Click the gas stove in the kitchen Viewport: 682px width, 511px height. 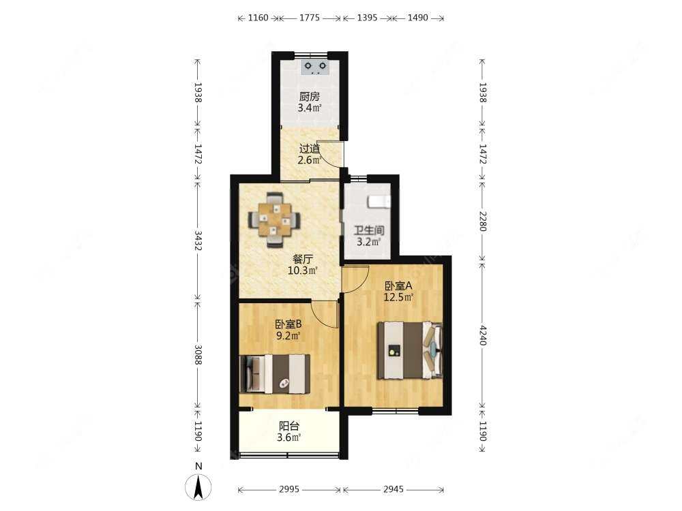pyautogui.click(x=315, y=67)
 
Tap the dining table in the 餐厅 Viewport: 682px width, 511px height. pyautogui.click(x=274, y=220)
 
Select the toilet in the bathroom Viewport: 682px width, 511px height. pyautogui.click(x=379, y=202)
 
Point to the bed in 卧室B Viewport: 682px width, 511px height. pyautogui.click(x=275, y=374)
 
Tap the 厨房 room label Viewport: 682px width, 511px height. pyautogui.click(x=309, y=97)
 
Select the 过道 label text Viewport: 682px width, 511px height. pyautogui.click(x=309, y=149)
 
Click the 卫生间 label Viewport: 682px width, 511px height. pyautogui.click(x=369, y=230)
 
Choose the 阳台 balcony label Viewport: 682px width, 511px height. pyautogui.click(x=288, y=426)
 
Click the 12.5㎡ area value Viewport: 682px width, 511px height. pyautogui.click(x=398, y=297)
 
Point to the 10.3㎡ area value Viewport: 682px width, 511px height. pyautogui.click(x=303, y=270)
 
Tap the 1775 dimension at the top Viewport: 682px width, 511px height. pyautogui.click(x=310, y=18)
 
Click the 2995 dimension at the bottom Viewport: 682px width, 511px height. pyautogui.click(x=288, y=489)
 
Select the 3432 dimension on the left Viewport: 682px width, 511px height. pyautogui.click(x=198, y=241)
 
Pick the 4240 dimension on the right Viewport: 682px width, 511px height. pyautogui.click(x=482, y=335)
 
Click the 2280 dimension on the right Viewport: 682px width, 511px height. pyautogui.click(x=482, y=221)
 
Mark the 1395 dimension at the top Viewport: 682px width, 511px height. pyautogui.click(x=367, y=18)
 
